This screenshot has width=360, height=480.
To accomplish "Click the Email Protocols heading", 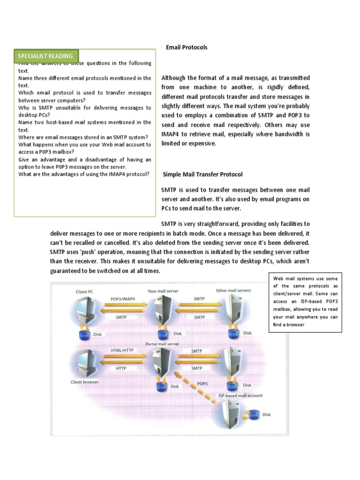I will tap(187, 47).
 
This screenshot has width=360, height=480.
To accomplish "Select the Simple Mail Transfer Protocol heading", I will tap(202, 174).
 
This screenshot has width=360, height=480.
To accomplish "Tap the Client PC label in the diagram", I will tap(84, 292).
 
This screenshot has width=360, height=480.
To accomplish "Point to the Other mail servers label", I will tap(233, 291).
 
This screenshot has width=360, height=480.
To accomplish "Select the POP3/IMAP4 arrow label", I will tap(123, 298).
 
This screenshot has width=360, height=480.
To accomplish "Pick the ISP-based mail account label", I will tap(240, 396).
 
